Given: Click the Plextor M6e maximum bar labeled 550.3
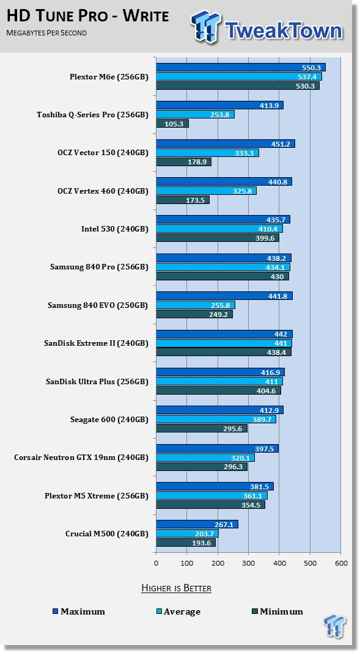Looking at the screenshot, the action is point(241,67).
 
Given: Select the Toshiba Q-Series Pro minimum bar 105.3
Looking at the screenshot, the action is point(172,123).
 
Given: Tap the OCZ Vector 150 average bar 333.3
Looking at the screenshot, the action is point(207,153).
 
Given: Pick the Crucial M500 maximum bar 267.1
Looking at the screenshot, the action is point(197,524).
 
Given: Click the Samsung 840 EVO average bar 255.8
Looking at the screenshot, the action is point(196,305).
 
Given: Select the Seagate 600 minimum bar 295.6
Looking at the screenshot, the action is point(202,429).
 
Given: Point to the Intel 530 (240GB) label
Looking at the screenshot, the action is point(114,229).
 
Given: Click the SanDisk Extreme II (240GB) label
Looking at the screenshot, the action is point(96,343).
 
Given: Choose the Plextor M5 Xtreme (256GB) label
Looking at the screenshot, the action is point(97,495).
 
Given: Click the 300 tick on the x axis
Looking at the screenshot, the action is point(248,563).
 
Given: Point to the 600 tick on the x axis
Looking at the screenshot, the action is point(341,563).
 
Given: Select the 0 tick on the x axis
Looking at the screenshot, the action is point(156,563).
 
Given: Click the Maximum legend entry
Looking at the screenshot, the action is point(79,612).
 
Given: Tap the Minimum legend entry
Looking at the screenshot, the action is point(277,612).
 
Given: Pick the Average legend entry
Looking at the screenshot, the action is point(178,612).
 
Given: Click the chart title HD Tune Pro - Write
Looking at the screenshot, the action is point(88,16).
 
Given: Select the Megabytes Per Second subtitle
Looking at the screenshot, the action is point(46,33).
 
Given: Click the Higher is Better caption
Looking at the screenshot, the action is point(176,588).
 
